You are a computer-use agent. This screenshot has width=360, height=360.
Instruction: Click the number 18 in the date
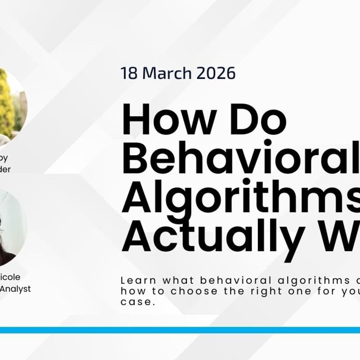click(x=128, y=73)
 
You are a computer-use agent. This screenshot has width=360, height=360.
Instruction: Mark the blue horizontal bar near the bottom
click(x=180, y=330)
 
